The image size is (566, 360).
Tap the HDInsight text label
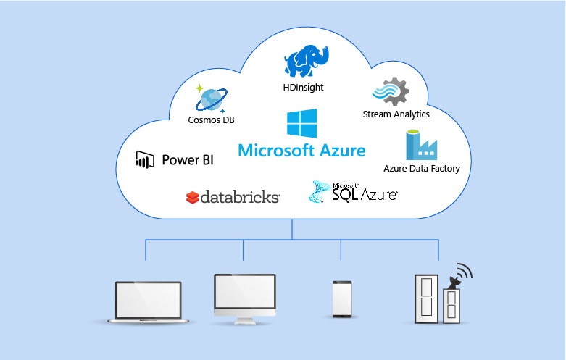click(304, 88)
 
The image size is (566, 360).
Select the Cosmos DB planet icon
click(211, 98)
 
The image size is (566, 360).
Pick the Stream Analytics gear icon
click(391, 91)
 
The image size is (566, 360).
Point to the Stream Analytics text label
click(396, 114)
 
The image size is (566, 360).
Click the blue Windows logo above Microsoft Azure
click(301, 123)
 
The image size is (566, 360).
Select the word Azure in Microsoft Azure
click(342, 151)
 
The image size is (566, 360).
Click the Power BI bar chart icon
click(145, 159)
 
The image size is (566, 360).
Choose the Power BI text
click(187, 159)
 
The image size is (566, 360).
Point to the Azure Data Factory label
click(421, 169)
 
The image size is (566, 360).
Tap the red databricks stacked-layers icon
click(192, 197)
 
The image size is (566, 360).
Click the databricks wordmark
click(240, 197)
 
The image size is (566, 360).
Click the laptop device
click(148, 303)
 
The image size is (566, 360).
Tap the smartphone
click(342, 298)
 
